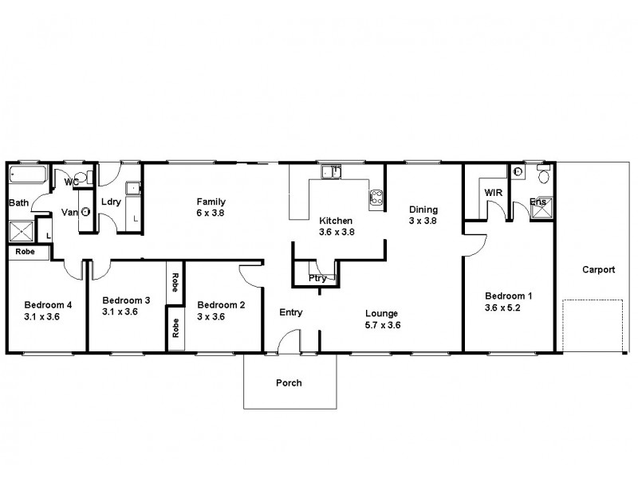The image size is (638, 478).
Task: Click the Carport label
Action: [598, 269]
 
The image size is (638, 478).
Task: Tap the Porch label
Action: [289, 383]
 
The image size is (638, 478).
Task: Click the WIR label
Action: [492, 192]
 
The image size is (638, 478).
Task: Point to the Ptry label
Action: [317, 278]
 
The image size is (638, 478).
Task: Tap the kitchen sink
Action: [331, 170]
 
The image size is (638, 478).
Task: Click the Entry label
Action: [290, 312]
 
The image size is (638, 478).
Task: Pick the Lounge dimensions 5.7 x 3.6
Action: [382, 325]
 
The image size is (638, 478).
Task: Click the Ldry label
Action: [111, 202]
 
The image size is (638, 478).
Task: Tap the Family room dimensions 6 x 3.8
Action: [211, 214]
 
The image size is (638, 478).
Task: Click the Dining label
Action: [423, 210]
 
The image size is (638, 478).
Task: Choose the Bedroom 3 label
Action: [126, 300]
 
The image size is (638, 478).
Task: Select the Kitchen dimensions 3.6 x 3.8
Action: [336, 232]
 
